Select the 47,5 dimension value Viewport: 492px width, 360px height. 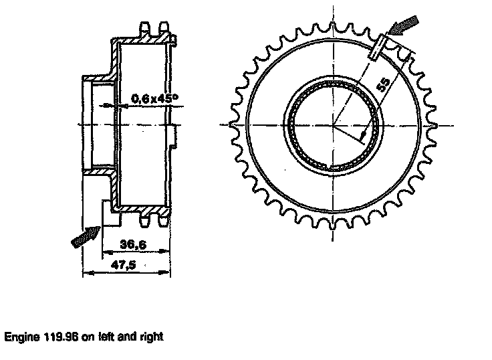(x=124, y=265)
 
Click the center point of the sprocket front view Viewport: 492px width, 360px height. (x=332, y=124)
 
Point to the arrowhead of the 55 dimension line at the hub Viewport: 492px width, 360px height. (x=363, y=136)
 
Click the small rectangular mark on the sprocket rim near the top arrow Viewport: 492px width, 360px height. (x=380, y=46)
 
